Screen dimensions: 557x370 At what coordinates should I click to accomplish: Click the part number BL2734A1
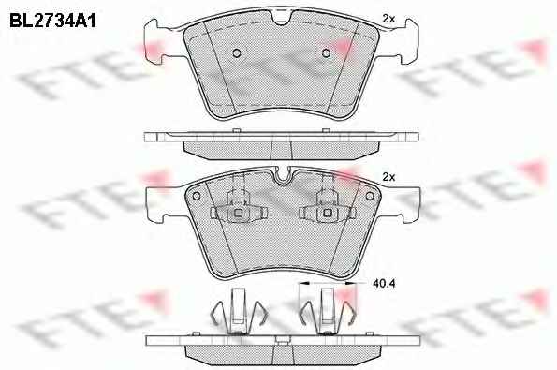pyautogui.click(x=52, y=21)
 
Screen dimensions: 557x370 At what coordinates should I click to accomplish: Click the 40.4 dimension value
pyautogui.click(x=384, y=283)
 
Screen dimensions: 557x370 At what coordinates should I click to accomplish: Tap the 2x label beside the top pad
pyautogui.click(x=388, y=19)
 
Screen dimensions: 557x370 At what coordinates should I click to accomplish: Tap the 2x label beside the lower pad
pyautogui.click(x=388, y=177)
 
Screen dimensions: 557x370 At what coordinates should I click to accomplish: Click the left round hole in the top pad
pyautogui.click(x=237, y=53)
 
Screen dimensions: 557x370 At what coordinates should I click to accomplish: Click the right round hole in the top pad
pyautogui.click(x=326, y=53)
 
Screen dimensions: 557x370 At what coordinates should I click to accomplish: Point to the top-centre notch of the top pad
pyautogui.click(x=283, y=19)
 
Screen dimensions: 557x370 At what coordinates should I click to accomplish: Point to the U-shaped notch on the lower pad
pyautogui.click(x=283, y=176)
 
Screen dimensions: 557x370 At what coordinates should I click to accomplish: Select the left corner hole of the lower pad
pyautogui.click(x=196, y=196)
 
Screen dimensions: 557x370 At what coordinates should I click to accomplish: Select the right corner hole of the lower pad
pyautogui.click(x=370, y=196)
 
